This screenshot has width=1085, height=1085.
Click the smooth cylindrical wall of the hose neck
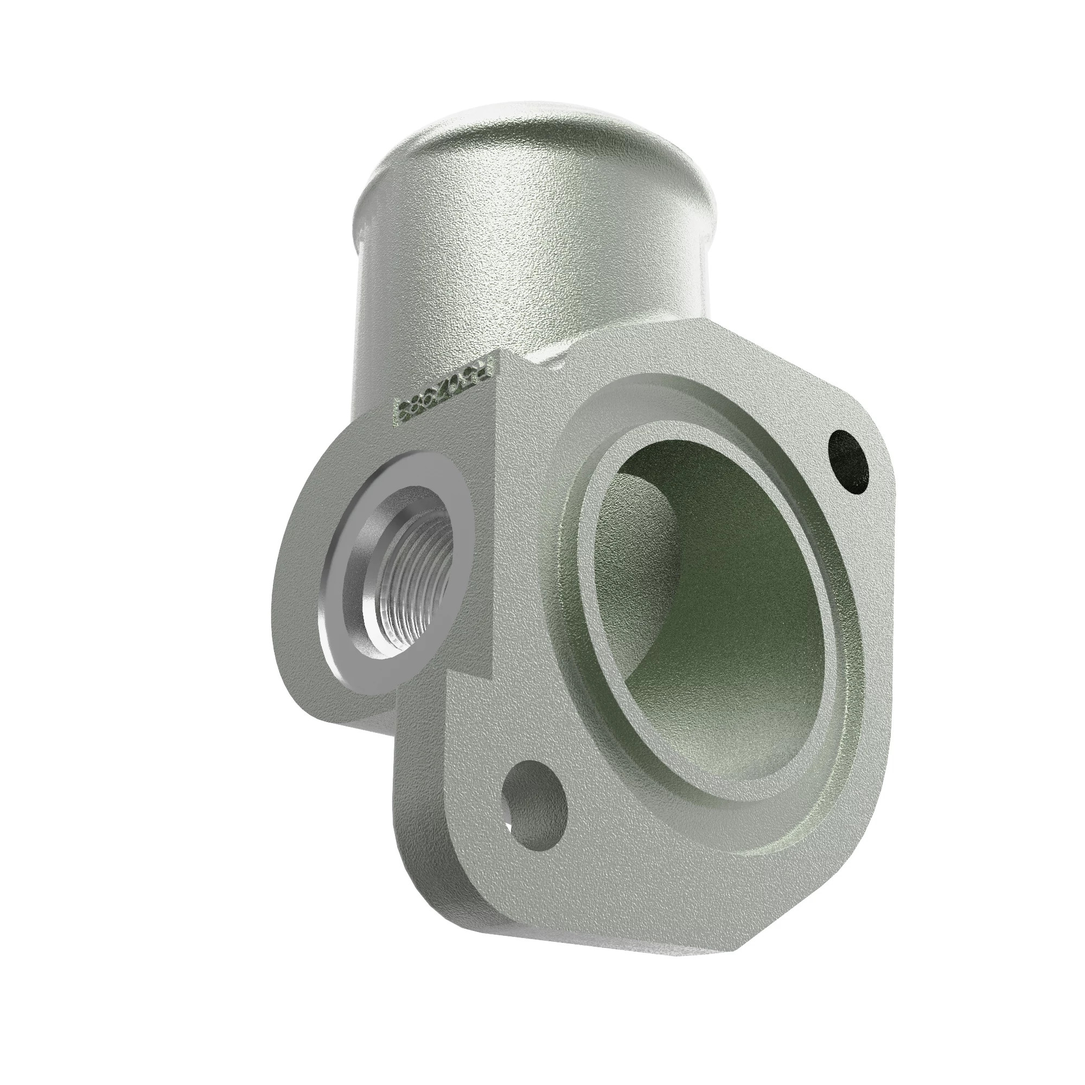point(506,253)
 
